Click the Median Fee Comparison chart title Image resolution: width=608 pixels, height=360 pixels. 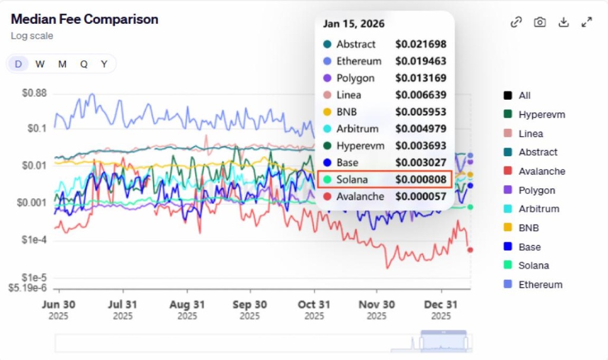click(84, 19)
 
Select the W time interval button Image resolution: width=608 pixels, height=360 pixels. click(40, 64)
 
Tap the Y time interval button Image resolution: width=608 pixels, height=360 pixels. click(104, 64)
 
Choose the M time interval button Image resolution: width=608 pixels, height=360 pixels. click(62, 64)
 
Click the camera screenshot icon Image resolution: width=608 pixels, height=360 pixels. click(540, 22)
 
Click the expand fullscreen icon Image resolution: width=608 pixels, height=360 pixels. click(587, 22)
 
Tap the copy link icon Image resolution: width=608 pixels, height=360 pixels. click(516, 22)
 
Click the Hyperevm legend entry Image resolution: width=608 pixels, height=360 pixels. click(541, 115)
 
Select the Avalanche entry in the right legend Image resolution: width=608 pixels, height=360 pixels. click(541, 171)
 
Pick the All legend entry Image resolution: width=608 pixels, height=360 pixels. click(524, 96)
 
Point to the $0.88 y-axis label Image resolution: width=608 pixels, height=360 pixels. click(34, 93)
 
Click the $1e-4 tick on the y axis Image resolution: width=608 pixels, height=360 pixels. click(34, 240)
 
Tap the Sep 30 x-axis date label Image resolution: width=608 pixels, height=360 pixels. click(250, 305)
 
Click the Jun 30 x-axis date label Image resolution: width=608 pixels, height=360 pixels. click(59, 305)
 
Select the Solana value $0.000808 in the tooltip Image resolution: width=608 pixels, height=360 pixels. click(421, 179)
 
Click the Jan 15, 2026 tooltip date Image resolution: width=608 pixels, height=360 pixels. click(354, 24)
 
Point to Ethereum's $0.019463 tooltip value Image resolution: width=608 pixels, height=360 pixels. click(421, 61)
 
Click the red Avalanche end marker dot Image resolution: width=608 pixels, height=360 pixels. click(470, 250)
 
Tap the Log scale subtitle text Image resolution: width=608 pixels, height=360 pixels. click(32, 36)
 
